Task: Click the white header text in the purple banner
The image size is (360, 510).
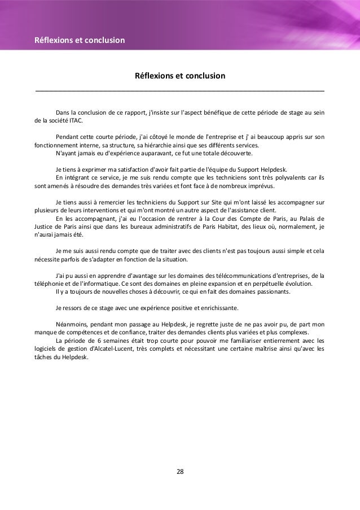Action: click(80, 40)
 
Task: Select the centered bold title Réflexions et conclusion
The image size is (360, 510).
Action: click(179, 75)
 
